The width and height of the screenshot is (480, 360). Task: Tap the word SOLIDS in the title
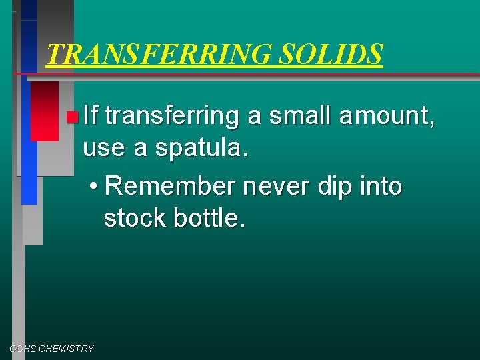click(331, 54)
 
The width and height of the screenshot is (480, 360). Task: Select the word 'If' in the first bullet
click(91, 117)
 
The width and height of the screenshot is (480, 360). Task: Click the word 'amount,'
click(388, 117)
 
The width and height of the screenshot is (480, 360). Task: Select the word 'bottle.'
click(210, 218)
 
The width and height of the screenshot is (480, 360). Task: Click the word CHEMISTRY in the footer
click(67, 349)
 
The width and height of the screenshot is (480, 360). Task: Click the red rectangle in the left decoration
click(44, 111)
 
